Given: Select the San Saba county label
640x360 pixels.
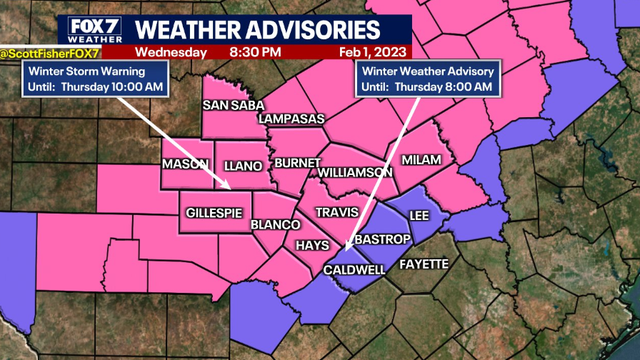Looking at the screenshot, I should click(233, 104).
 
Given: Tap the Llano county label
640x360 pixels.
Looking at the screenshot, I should click(245, 164).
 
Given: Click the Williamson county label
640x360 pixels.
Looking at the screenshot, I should click(356, 172).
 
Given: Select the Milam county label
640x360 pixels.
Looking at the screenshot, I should click(421, 160).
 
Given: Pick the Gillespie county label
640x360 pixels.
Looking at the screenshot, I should click(214, 213).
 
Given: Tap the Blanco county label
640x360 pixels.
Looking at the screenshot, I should click(270, 226).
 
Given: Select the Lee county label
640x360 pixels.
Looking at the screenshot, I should click(421, 214).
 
